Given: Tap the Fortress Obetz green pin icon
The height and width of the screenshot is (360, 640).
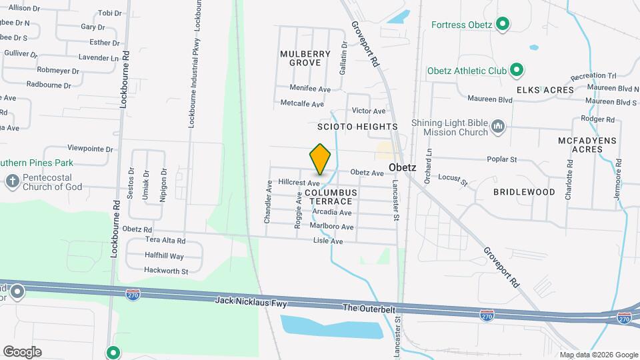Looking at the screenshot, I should (x=504, y=25).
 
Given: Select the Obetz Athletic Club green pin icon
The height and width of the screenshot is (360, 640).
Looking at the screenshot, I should (x=516, y=70).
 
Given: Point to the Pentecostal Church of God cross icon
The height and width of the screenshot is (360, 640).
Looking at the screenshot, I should (x=12, y=181).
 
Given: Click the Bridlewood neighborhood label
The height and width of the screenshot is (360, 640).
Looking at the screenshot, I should (x=524, y=192).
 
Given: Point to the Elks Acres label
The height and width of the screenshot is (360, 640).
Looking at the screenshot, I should (x=545, y=90).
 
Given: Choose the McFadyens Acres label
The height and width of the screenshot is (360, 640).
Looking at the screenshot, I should (x=580, y=145).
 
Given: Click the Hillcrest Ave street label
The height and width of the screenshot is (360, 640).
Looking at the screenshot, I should (x=299, y=181).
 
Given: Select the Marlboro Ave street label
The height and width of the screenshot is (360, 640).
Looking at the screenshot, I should (x=331, y=226).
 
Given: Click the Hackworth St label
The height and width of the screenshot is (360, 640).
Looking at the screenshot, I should (x=167, y=271).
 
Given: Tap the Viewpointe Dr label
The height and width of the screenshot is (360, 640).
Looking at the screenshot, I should (x=90, y=149).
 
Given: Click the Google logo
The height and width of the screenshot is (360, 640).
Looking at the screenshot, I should (x=22, y=351).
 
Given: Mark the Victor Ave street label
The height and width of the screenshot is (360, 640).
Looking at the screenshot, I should (x=369, y=111).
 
